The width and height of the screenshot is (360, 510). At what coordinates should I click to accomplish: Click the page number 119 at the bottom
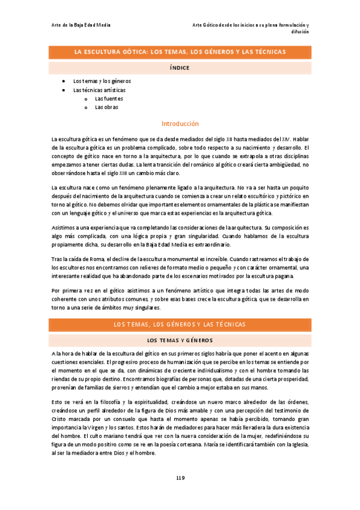180,478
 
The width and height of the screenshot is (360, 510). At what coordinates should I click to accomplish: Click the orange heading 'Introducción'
180,123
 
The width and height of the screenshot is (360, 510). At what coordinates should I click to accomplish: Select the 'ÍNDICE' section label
180,68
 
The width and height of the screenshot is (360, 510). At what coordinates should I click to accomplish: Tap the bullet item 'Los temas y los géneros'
102,81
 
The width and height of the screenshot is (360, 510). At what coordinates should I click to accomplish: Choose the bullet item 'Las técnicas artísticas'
100,90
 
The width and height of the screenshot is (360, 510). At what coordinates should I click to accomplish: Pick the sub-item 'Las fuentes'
111,99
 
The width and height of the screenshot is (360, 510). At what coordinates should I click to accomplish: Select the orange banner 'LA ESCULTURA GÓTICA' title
180,53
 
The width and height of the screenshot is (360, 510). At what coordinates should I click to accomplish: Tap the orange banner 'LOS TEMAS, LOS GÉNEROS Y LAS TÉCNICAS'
180,325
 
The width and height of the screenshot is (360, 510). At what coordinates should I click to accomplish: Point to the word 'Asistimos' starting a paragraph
64,228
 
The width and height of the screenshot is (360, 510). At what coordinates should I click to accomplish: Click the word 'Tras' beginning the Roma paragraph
57,259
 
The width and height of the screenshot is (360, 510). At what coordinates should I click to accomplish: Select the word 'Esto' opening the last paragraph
58,401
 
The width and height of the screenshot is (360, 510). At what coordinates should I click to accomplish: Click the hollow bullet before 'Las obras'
86,107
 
